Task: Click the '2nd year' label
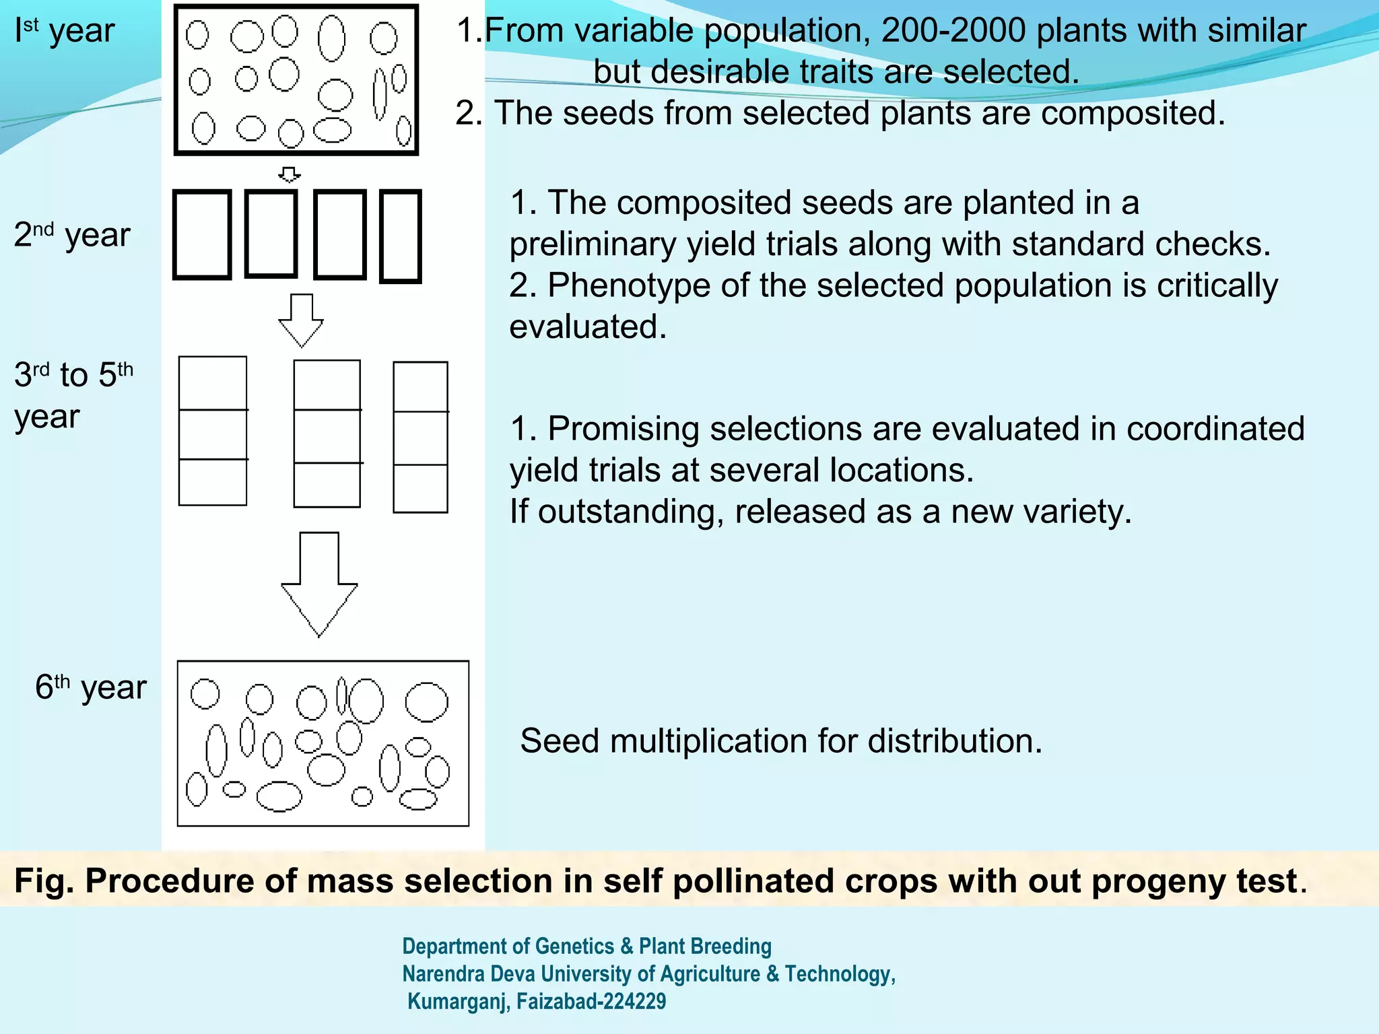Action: tap(72, 235)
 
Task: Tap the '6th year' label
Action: tap(91, 687)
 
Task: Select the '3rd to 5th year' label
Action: tap(73, 395)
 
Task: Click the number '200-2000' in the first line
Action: tap(953, 31)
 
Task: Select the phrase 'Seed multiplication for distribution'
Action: tap(781, 741)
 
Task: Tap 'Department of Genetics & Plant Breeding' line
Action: tap(586, 946)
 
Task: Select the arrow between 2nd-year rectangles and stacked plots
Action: tap(301, 320)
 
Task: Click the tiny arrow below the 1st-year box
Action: tap(290, 174)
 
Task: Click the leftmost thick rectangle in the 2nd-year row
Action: tap(202, 235)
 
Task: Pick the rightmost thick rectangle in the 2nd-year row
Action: tap(401, 236)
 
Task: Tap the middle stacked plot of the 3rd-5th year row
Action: tap(327, 434)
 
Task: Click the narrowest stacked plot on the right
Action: tap(420, 438)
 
